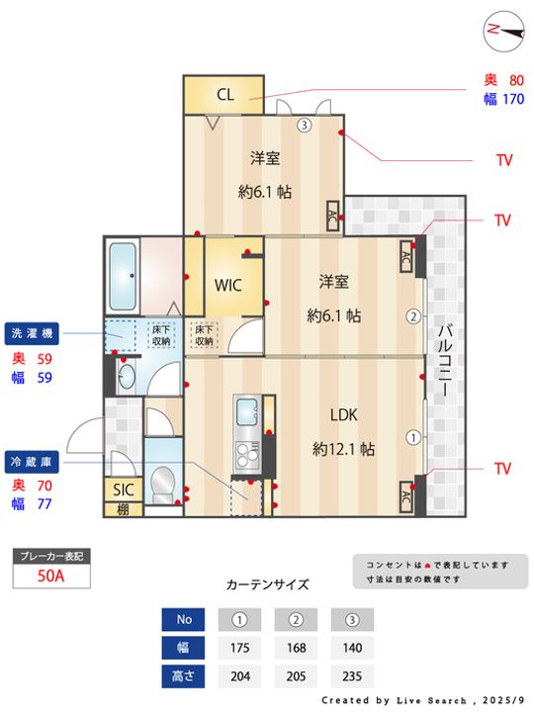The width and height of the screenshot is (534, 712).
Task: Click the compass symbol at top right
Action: point(503,30)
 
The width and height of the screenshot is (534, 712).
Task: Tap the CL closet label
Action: point(224,95)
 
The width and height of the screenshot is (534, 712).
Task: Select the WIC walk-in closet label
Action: point(228,284)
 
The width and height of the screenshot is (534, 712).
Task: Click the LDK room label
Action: point(343,416)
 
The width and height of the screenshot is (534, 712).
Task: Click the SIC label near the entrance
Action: point(123,489)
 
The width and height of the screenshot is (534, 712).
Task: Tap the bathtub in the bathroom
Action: point(124,277)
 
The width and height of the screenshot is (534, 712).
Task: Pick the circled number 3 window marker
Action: point(305,126)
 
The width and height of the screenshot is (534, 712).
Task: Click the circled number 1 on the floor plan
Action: point(412,436)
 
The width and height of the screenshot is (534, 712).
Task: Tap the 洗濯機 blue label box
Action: point(36,332)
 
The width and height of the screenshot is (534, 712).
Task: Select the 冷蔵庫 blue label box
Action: point(36,461)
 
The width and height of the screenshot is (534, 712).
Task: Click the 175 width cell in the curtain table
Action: point(238,649)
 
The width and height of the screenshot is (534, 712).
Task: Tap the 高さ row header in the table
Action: point(183,677)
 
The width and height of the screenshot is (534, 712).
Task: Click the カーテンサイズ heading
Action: point(267,584)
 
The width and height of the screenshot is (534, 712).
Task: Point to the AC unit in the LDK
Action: point(405,495)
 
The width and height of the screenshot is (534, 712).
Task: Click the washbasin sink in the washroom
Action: point(126,376)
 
